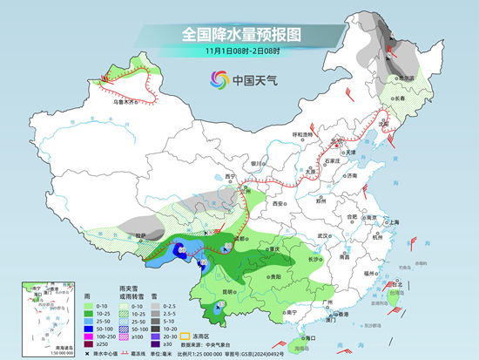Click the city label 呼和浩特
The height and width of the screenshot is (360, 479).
[x=301, y=134]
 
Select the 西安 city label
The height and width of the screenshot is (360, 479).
[x=279, y=203]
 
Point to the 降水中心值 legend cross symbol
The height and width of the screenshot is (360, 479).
[x=89, y=355]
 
